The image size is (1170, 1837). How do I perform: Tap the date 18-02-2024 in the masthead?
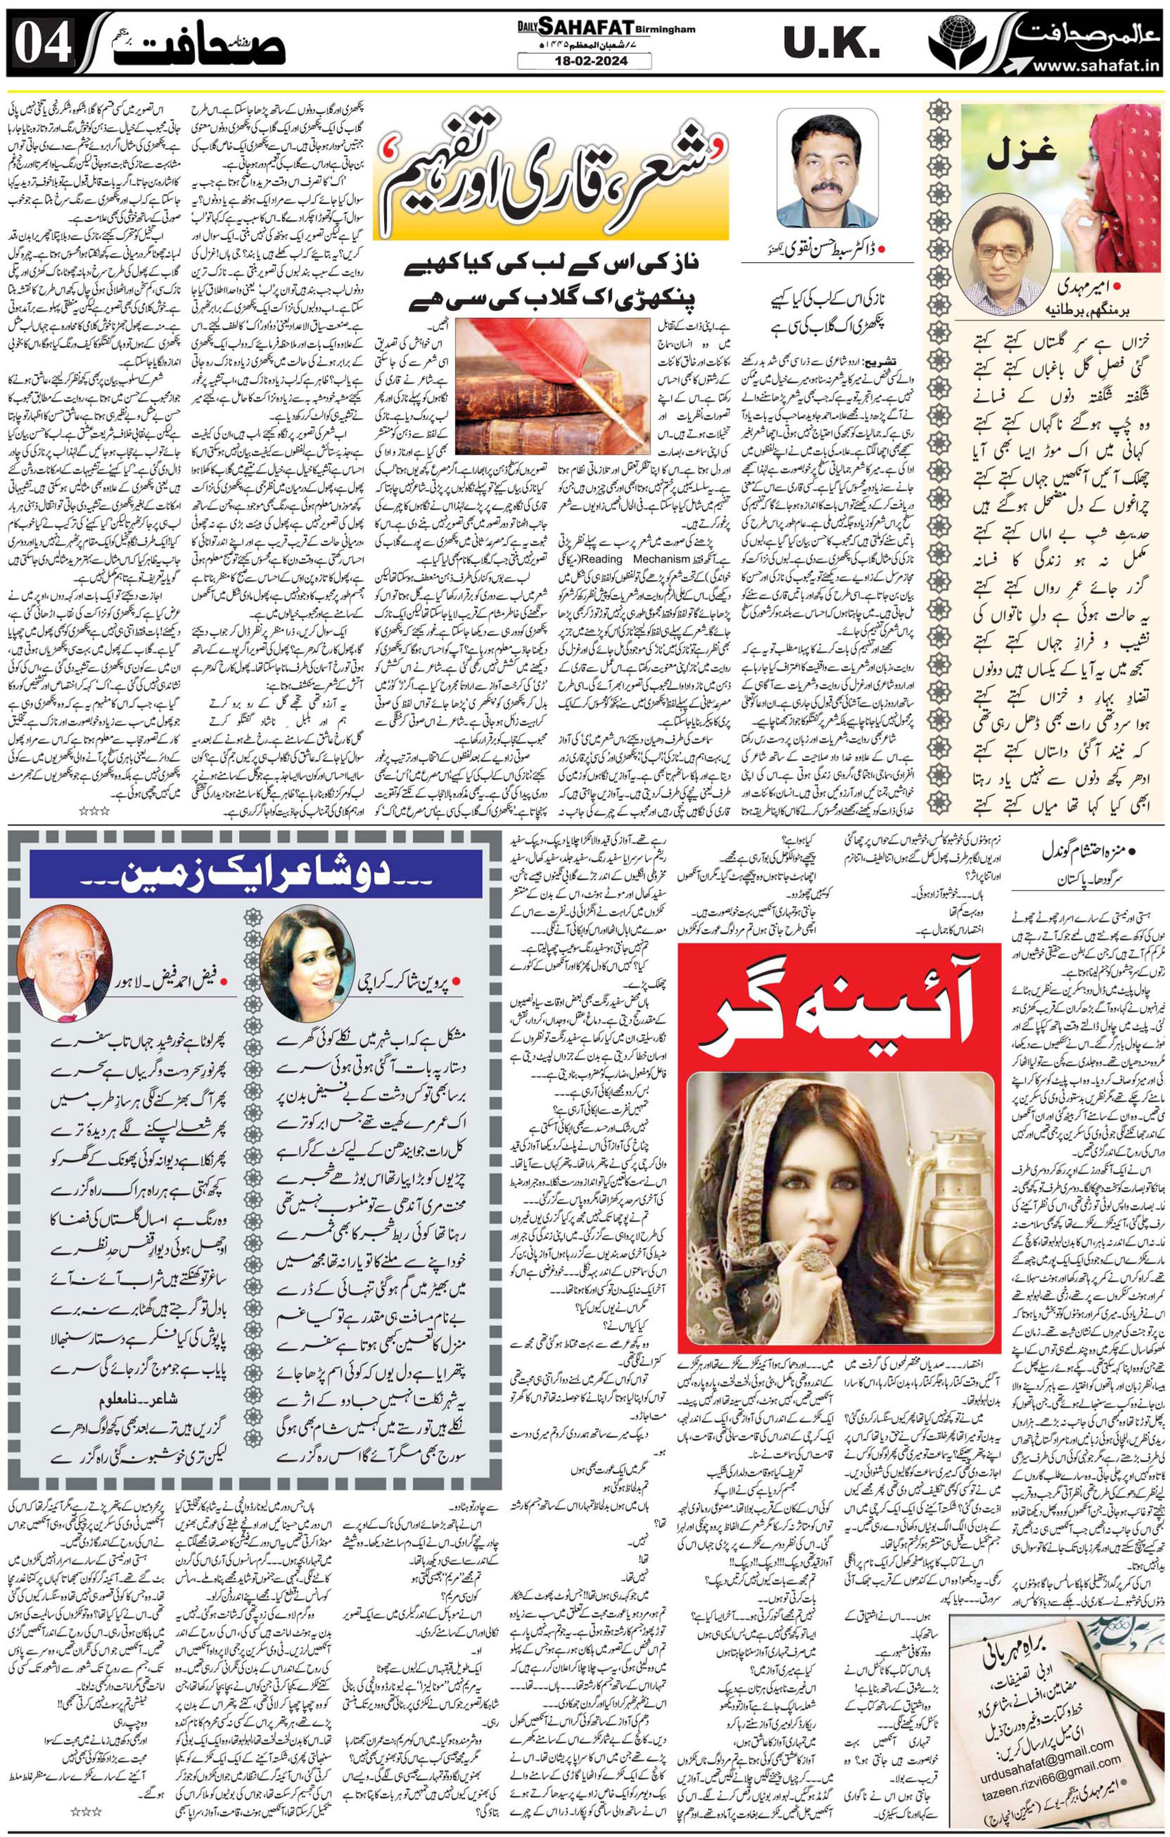point(584,62)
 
